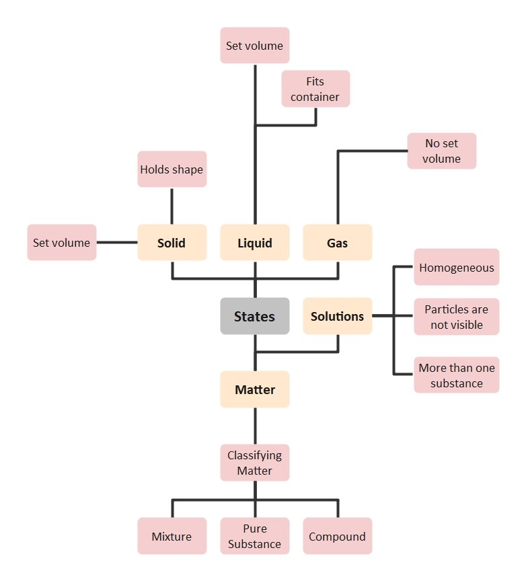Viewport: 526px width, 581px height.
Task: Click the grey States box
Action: coord(255,316)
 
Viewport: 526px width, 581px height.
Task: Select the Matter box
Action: coord(255,389)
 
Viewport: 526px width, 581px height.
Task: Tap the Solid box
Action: coord(172,242)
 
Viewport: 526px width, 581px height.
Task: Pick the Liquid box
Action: coord(255,242)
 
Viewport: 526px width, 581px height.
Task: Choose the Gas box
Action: coord(337,242)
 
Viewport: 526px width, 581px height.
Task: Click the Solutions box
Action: coord(337,316)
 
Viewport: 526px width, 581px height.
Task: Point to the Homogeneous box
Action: coord(456,267)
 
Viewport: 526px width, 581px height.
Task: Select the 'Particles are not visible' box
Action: coord(456,317)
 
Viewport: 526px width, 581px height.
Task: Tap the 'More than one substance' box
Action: coord(456,375)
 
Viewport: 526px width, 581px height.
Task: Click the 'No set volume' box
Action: coord(441,151)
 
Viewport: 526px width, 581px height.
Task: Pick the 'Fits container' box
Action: coord(315,89)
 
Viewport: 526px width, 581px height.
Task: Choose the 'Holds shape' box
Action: coord(172,169)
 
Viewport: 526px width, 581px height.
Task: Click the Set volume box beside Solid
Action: coord(61,242)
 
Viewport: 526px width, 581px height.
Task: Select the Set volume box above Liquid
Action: coord(255,45)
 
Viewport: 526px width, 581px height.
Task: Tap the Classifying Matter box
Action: coord(255,463)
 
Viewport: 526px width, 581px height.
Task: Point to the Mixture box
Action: coord(172,536)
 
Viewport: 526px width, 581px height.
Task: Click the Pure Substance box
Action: coord(255,536)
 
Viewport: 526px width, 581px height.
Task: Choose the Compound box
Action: coord(337,536)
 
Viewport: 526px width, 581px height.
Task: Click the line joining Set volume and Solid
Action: coord(117,242)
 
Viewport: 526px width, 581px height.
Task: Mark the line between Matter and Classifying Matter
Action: coord(255,426)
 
